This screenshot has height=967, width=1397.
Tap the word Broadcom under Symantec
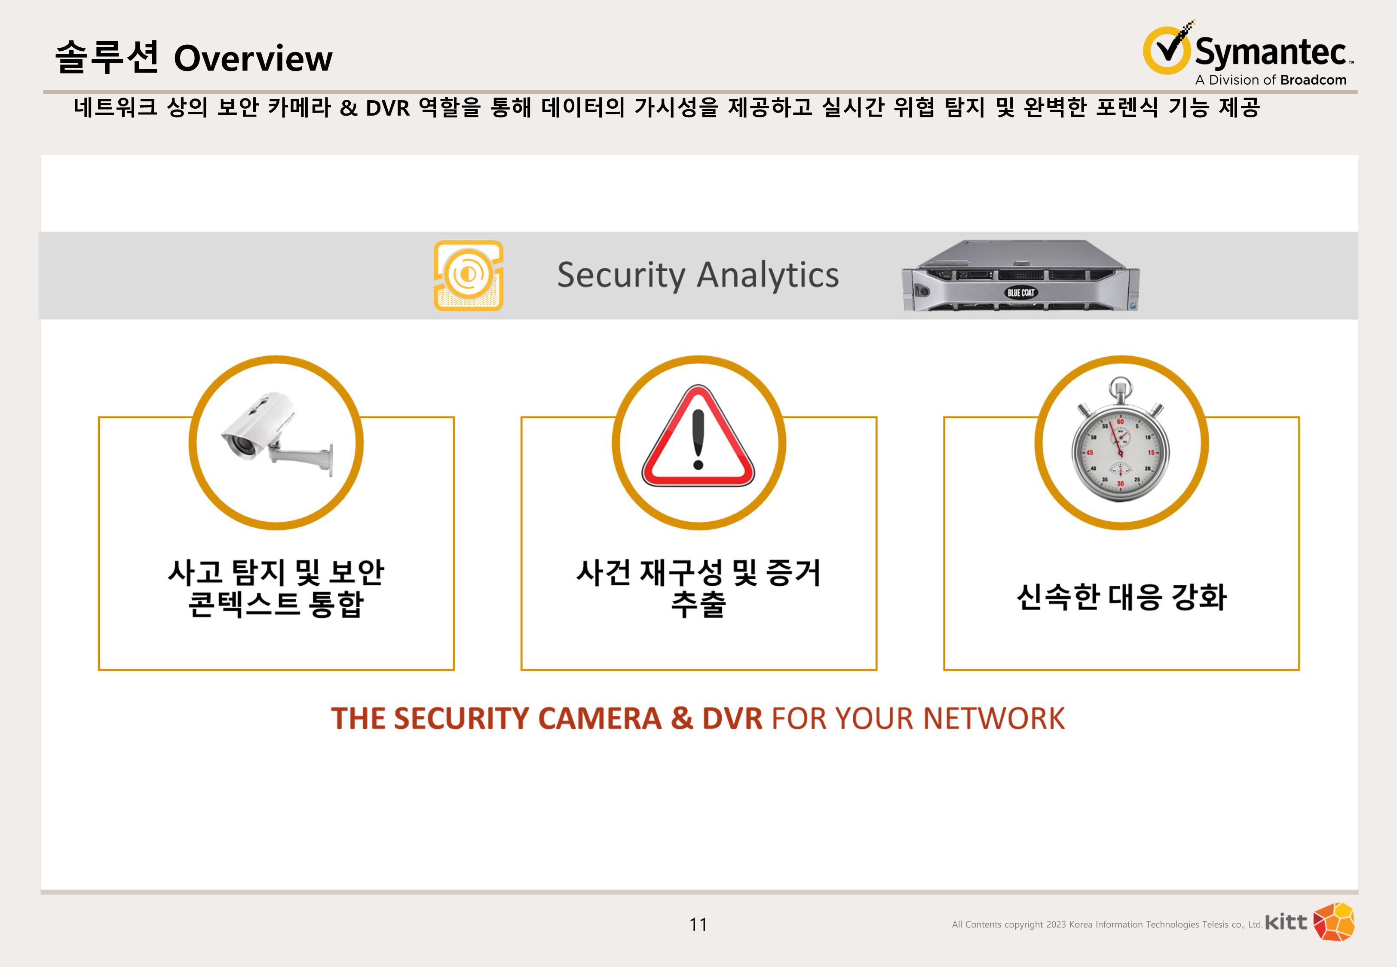point(1314,80)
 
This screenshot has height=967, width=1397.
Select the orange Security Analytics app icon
point(468,275)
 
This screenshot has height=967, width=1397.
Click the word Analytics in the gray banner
point(768,275)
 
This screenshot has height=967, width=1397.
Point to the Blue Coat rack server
point(1020,275)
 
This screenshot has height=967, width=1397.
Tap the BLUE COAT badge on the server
point(1021,293)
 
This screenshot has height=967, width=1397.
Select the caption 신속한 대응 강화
point(1121,597)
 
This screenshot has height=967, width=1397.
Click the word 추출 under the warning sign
point(698,604)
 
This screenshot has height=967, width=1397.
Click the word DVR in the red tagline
point(732,719)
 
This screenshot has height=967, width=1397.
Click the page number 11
point(698,924)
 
